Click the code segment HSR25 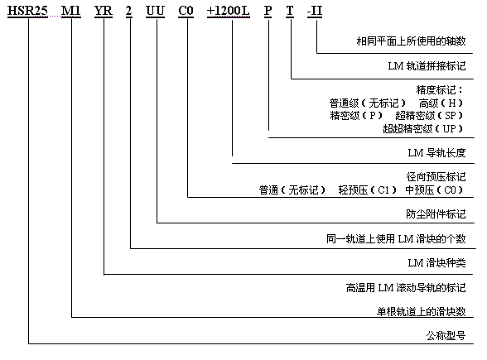pos(27,11)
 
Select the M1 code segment pos(71,11)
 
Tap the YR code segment pos(104,11)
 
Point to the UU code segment pos(156,11)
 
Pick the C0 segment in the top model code pos(186,11)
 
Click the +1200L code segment pos(229,11)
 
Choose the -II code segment pos(315,11)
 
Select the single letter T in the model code pos(290,11)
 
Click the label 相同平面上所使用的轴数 pos(411,41)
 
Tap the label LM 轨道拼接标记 pos(427,66)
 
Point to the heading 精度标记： pos(439,90)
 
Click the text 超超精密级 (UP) pos(422,128)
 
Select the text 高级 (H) pos(441,103)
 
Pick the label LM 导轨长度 pos(436,152)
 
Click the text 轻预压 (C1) pos(368,190)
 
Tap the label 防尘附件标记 pos(436,214)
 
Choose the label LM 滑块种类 pos(436,263)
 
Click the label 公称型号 pos(446,335)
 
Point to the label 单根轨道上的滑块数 pos(421,311)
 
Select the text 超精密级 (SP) pos(429,116)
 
